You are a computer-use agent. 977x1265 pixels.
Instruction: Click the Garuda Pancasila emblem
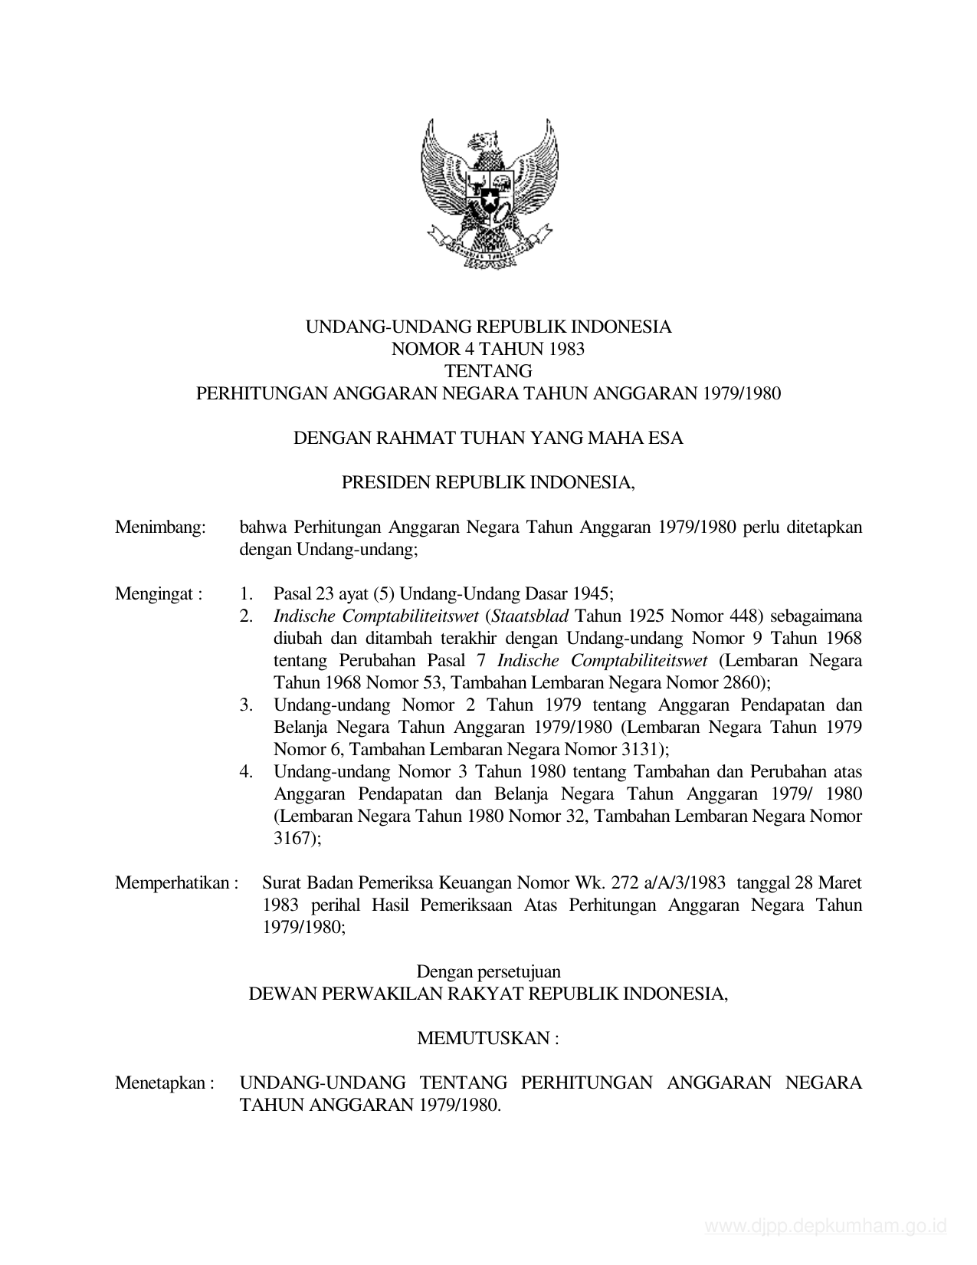489,192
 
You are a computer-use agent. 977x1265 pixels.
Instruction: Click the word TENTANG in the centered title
488,372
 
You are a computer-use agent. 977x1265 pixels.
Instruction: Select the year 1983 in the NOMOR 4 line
566,350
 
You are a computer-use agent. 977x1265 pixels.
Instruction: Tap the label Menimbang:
161,527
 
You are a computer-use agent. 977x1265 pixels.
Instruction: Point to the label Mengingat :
159,593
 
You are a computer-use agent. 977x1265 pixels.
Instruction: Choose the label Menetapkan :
164,1083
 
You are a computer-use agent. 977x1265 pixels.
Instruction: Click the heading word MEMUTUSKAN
483,1038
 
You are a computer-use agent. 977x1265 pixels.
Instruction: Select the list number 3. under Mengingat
246,705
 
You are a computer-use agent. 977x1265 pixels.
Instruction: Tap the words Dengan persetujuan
488,971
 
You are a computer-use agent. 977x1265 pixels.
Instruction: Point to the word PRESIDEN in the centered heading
385,483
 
